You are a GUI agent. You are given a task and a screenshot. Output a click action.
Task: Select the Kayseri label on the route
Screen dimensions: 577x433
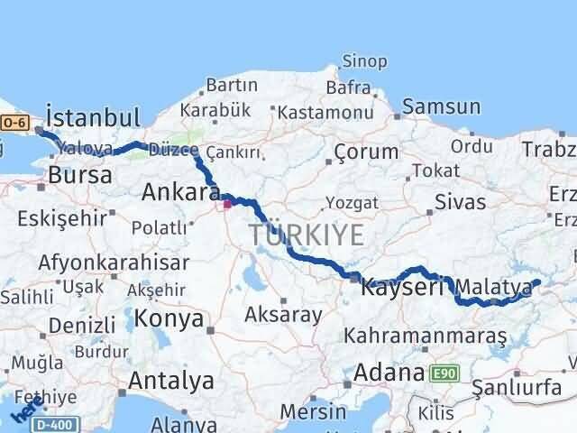coord(402,288)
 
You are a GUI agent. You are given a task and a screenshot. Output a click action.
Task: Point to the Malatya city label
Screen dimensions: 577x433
coord(493,287)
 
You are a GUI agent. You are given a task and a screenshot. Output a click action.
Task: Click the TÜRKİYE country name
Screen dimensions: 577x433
coord(307,236)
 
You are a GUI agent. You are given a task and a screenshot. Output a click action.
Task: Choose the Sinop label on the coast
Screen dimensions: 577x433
coord(364,62)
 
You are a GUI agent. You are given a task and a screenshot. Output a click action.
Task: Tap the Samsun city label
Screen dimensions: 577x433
coord(441,106)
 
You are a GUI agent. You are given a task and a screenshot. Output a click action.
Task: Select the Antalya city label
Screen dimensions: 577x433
coord(170,381)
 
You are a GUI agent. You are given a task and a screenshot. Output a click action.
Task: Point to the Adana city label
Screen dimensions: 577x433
coord(389,372)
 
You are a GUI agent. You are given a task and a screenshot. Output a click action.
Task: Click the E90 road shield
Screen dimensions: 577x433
coord(443,373)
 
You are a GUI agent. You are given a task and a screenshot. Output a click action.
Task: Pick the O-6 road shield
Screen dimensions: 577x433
coord(14,122)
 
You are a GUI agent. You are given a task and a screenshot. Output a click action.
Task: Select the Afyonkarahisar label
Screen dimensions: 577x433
coord(114,263)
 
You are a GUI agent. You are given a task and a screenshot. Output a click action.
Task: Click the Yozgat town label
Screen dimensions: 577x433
coord(346,202)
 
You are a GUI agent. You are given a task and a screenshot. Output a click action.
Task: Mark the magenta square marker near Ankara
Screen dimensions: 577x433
coord(227,204)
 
